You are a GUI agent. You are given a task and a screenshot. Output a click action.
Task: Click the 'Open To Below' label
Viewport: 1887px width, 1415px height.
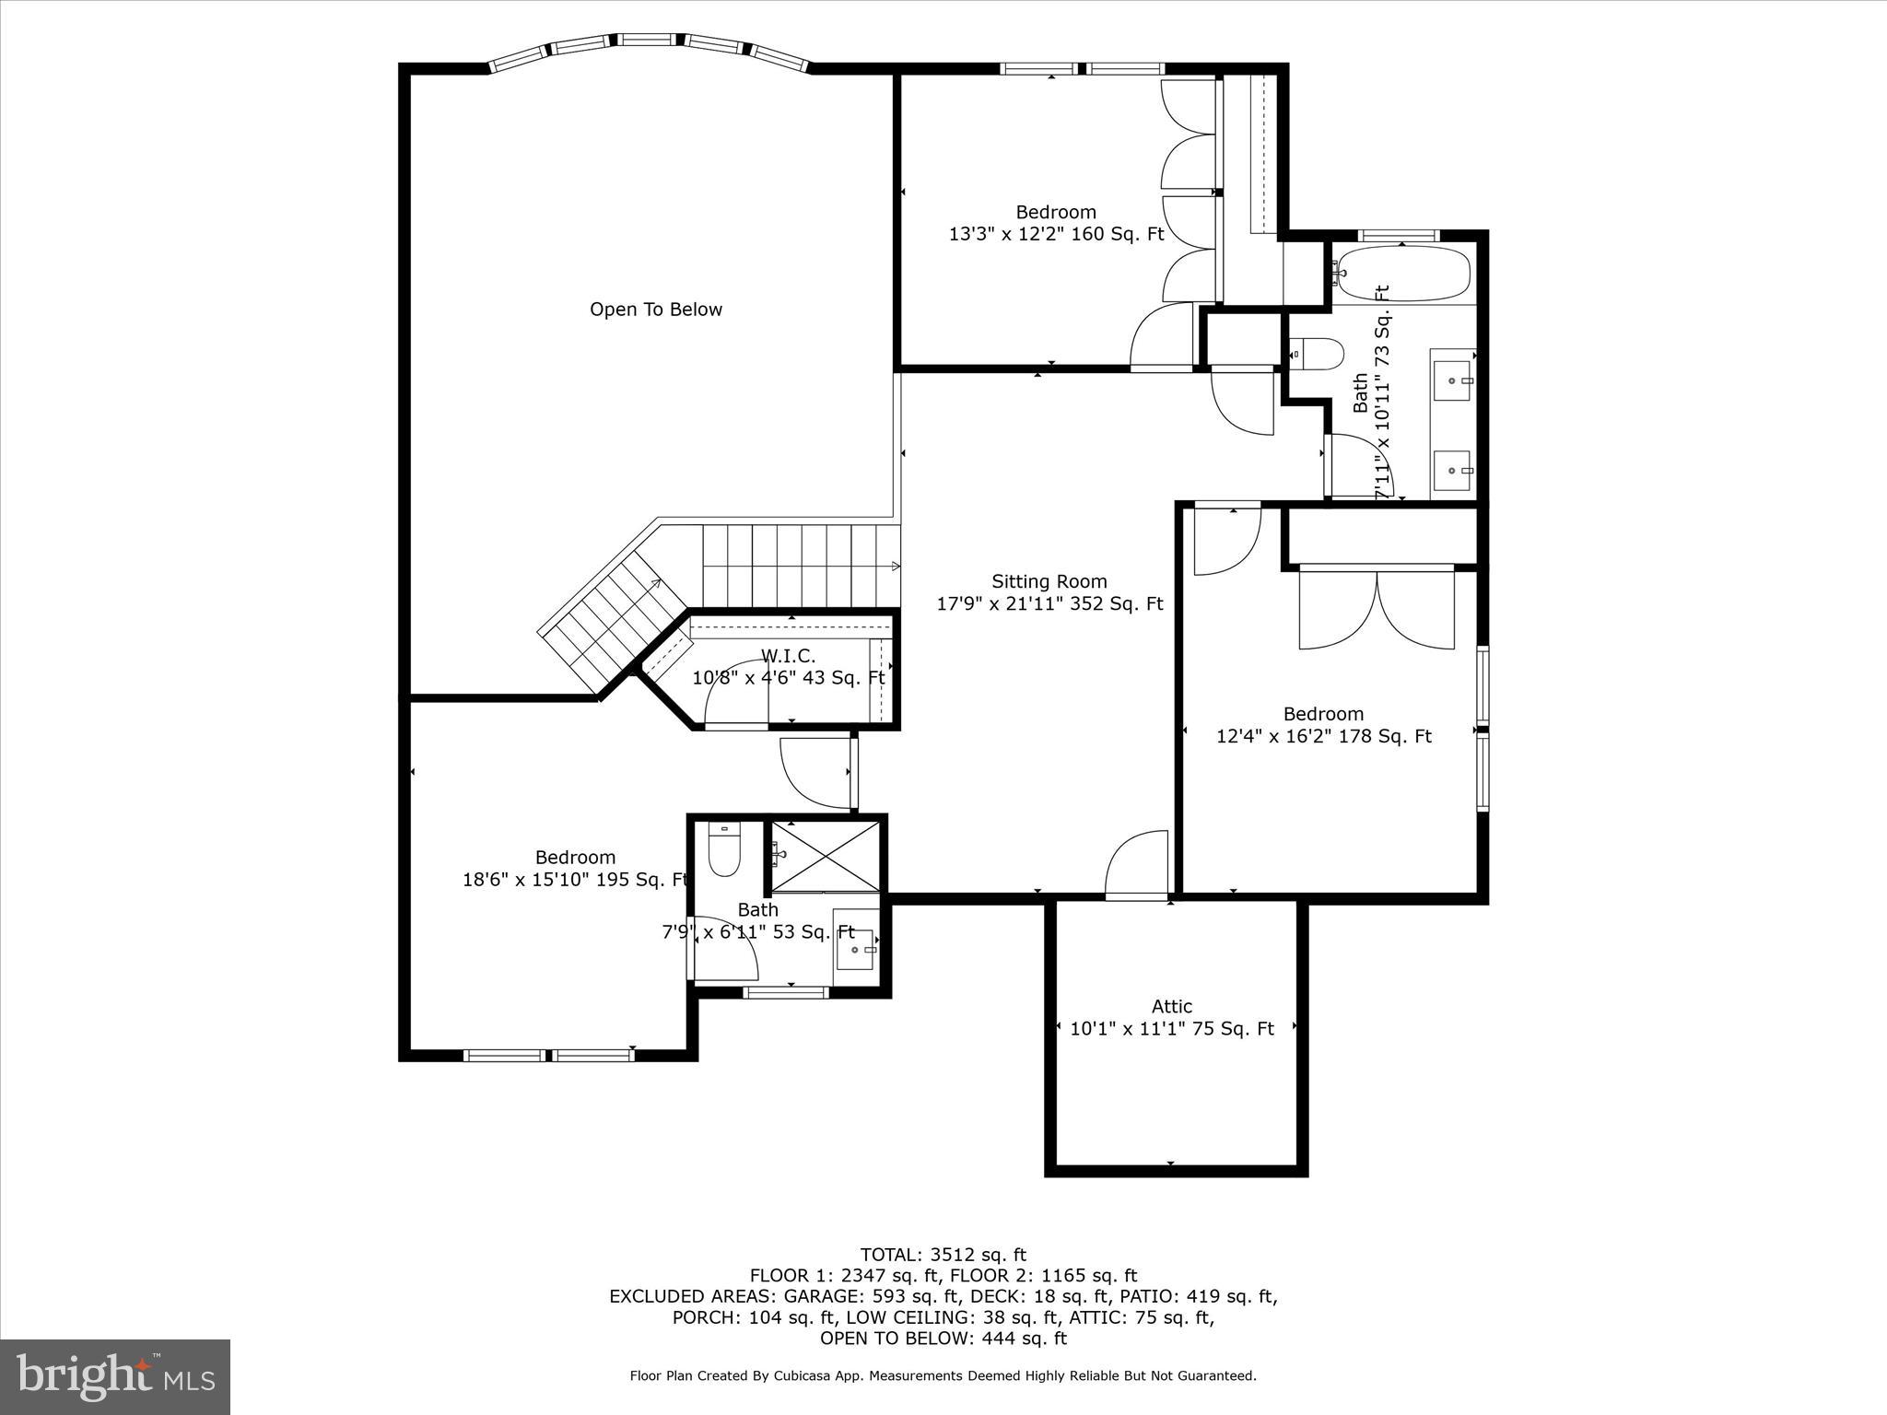click(655, 310)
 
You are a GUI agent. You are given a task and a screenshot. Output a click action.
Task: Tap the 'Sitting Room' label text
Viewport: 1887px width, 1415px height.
click(1049, 581)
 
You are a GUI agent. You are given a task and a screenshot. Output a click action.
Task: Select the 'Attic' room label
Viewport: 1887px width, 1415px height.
click(1171, 1006)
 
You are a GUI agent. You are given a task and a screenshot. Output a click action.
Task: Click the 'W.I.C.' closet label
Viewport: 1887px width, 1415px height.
click(788, 656)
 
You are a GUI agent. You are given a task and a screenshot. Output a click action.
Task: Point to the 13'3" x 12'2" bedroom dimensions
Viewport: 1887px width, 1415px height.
click(1056, 234)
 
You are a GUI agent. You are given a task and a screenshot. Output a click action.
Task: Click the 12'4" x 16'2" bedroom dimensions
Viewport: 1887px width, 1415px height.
click(1323, 736)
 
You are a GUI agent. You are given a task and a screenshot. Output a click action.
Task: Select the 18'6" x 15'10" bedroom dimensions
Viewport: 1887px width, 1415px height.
click(575, 880)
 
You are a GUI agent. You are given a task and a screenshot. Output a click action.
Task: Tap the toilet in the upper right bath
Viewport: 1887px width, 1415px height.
click(1318, 354)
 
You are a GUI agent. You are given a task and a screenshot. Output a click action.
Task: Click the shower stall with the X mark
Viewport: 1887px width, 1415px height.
click(826, 856)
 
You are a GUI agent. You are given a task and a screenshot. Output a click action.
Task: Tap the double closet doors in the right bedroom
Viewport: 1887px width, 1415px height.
click(1377, 610)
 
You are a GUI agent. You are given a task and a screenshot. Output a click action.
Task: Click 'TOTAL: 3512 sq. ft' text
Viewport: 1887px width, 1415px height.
click(943, 1255)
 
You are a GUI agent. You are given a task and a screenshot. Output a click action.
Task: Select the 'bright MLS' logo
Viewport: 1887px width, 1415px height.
click(115, 1376)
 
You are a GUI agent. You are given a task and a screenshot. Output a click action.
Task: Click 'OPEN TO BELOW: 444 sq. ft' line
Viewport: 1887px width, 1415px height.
click(943, 1338)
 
